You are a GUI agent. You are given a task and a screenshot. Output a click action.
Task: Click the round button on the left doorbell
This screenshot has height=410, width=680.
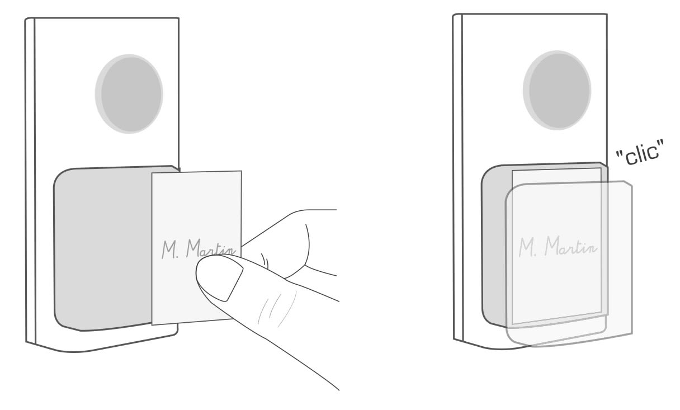click(129, 94)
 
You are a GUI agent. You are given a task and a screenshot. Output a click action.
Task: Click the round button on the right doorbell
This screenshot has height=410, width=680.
click(557, 90)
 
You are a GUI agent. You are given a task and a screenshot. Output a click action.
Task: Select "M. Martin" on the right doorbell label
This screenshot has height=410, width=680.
click(558, 246)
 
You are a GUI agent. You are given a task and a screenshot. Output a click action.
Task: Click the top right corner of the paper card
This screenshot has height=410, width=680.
click(242, 171)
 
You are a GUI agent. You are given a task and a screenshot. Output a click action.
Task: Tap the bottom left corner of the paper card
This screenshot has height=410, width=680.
click(152, 325)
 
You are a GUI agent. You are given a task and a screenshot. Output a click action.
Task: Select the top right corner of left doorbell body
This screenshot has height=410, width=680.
click(178, 18)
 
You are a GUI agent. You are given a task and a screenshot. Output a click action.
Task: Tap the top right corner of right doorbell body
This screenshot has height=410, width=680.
click(607, 14)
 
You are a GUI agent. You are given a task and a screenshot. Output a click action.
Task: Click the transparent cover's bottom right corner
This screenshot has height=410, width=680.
click(632, 334)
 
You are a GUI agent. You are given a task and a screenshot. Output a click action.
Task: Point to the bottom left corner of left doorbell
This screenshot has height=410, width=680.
click(26, 342)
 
